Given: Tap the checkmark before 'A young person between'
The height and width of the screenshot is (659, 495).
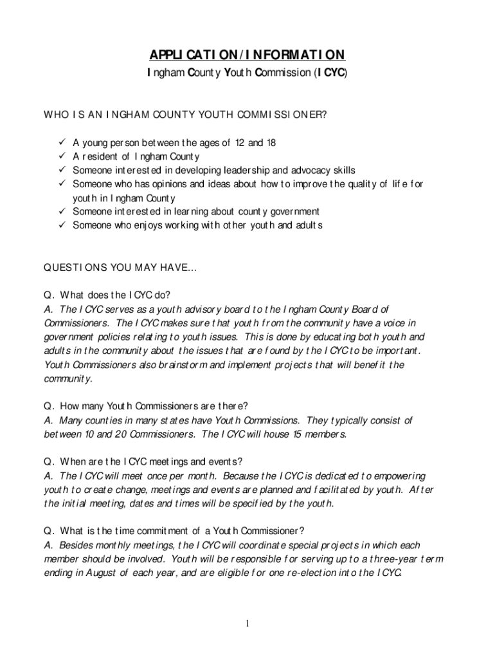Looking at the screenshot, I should [61, 142].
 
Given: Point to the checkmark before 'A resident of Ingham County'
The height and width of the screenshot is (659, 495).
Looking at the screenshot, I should [61, 156].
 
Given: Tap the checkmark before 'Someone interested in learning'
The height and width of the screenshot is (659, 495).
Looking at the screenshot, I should [61, 212].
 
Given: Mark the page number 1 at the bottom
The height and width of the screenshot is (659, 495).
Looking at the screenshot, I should [248, 624].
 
